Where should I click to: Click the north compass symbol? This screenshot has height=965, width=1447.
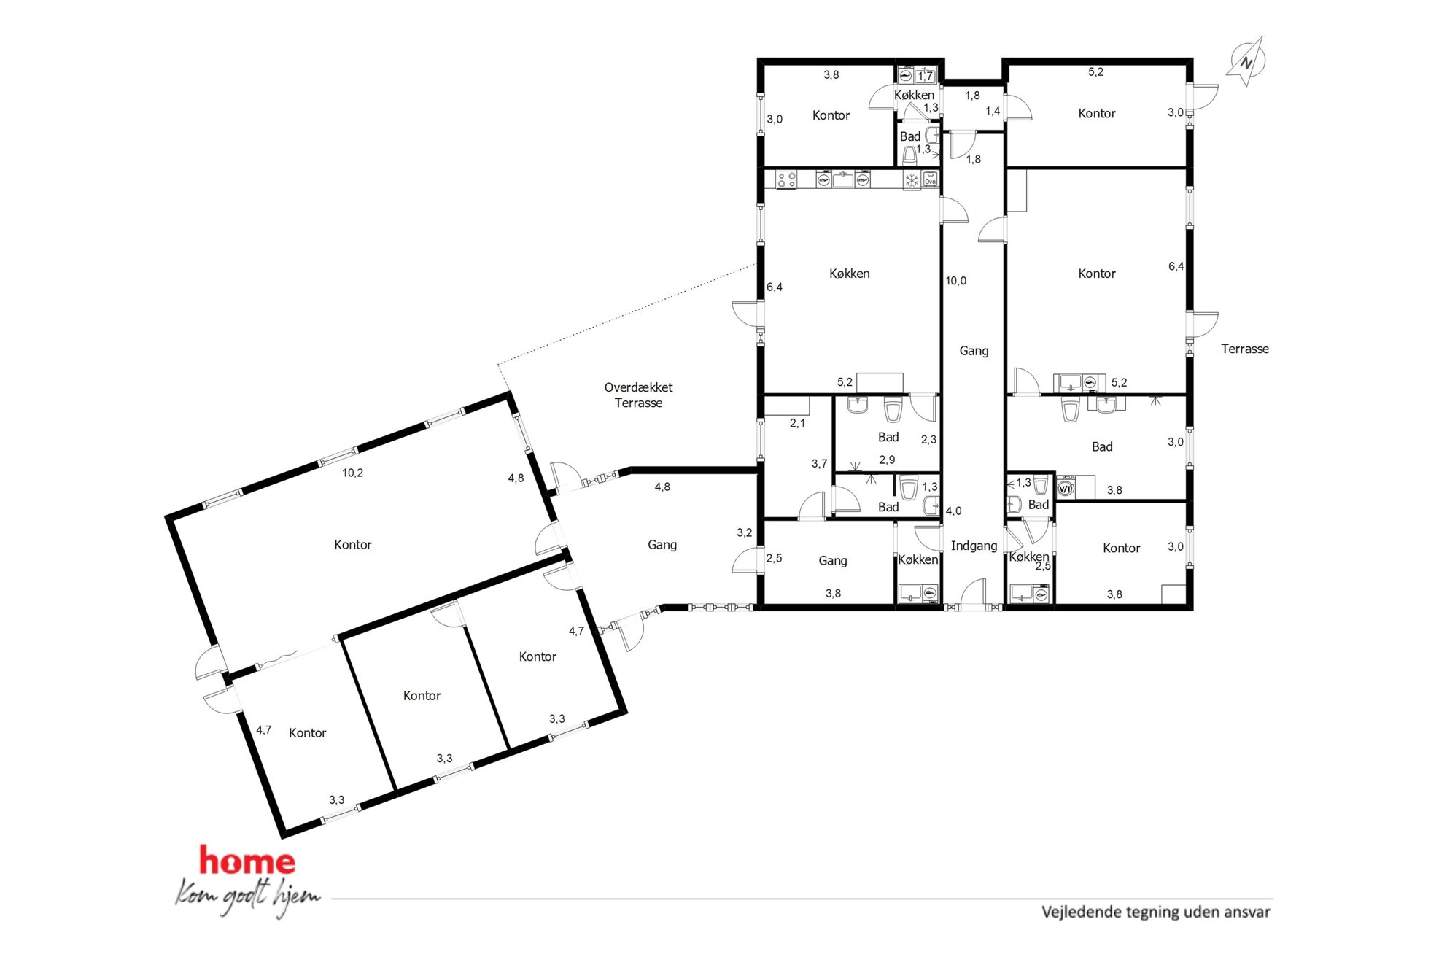click(x=1246, y=62)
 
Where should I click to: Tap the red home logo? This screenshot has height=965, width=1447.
click(x=247, y=861)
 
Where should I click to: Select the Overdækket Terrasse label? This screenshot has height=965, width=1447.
click(x=638, y=395)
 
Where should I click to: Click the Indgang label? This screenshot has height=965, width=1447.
click(x=974, y=546)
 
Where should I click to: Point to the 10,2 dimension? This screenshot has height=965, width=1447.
click(x=352, y=473)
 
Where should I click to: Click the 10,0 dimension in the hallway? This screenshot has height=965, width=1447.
click(x=955, y=281)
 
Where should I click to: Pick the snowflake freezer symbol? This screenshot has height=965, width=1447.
click(x=912, y=179)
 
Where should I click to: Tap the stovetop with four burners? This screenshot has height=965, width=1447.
click(x=785, y=179)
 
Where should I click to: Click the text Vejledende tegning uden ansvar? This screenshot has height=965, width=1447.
click(x=1155, y=912)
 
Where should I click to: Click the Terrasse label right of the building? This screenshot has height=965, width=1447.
click(x=1245, y=349)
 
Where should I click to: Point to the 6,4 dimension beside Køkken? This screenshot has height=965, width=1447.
click(x=775, y=287)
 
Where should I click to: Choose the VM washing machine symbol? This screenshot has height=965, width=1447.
click(x=1066, y=489)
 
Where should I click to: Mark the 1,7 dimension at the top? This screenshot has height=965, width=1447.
click(x=925, y=76)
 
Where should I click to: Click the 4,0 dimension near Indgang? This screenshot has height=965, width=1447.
click(x=953, y=511)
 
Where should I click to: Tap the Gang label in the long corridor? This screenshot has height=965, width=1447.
click(x=974, y=351)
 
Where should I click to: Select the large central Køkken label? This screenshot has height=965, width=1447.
click(x=849, y=274)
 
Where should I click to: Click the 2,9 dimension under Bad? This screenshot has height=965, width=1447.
click(x=887, y=460)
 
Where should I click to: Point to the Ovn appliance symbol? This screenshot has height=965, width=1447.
click(x=930, y=179)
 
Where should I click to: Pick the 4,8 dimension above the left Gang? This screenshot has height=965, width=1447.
click(x=662, y=487)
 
